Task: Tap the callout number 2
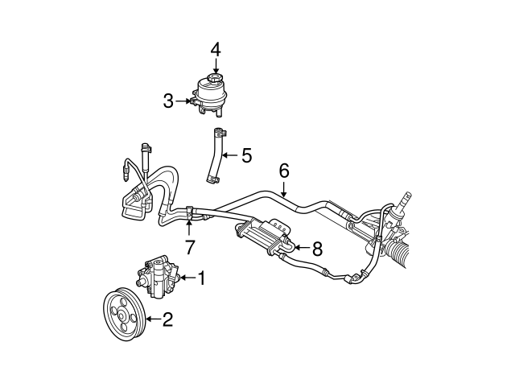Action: click(x=167, y=319)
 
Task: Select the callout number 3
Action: click(x=168, y=101)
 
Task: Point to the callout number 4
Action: click(x=216, y=50)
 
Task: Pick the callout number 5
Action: click(x=247, y=155)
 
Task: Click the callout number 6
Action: click(x=284, y=171)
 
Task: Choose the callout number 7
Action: click(x=190, y=247)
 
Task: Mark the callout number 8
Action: click(x=317, y=249)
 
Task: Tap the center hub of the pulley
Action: click(x=122, y=316)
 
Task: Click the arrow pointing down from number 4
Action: click(x=216, y=65)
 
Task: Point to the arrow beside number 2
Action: click(x=153, y=319)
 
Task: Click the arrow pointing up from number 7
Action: click(x=189, y=229)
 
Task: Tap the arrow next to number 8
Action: click(x=302, y=247)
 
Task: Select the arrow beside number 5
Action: click(x=230, y=154)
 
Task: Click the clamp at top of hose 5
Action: click(x=220, y=132)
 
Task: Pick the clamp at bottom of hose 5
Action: click(x=212, y=179)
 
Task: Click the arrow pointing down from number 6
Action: click(x=284, y=188)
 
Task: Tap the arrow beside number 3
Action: click(x=183, y=101)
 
